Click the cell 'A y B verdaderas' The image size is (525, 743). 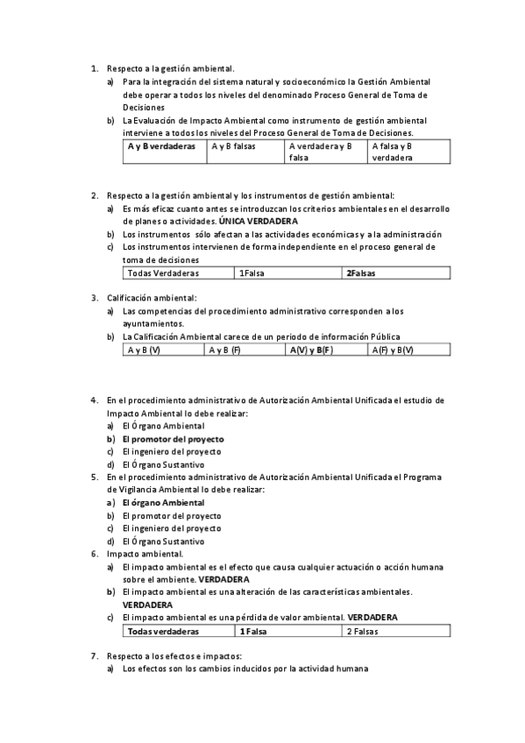pyautogui.click(x=161, y=146)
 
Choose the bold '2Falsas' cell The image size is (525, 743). pyautogui.click(x=361, y=273)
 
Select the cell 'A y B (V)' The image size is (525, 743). pyautogui.click(x=144, y=350)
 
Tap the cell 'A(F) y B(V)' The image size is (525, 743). pyautogui.click(x=392, y=350)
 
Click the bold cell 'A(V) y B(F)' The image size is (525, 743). pyautogui.click(x=311, y=350)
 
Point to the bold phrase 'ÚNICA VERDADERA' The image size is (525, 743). pyautogui.click(x=259, y=222)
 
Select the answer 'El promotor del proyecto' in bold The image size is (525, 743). pyautogui.click(x=173, y=439)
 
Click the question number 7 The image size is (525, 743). pyautogui.click(x=94, y=656)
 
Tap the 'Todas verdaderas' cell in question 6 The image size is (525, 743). pyautogui.click(x=163, y=631)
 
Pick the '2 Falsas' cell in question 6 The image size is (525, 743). pyautogui.click(x=363, y=631)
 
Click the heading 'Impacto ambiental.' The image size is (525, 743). pyautogui.click(x=145, y=554)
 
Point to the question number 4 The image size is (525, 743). pyautogui.click(x=94, y=400)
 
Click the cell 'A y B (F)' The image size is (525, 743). pyautogui.click(x=224, y=350)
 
